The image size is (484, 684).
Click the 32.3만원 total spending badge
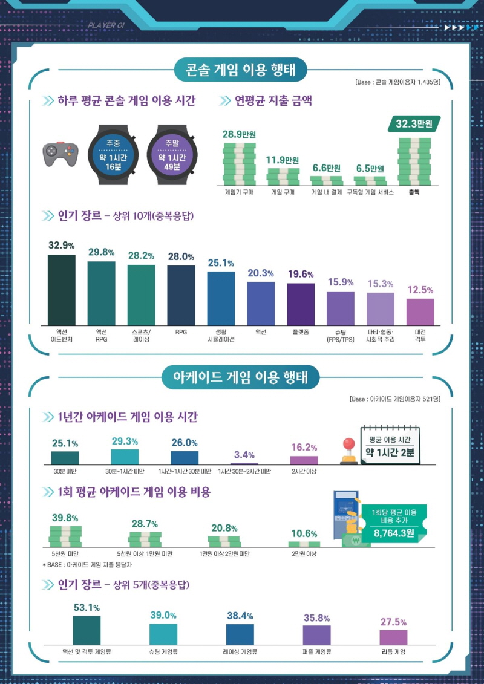(x=414, y=123)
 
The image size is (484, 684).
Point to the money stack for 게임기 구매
(x=239, y=164)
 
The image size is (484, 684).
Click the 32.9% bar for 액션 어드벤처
(x=62, y=290)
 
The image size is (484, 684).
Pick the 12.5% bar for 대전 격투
(x=420, y=311)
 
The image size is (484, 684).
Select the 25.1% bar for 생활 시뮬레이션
(x=221, y=298)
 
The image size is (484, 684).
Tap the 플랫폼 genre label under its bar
(x=301, y=332)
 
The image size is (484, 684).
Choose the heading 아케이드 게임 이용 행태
(x=241, y=378)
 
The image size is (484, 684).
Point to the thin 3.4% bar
(x=244, y=463)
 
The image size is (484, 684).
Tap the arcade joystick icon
(x=348, y=452)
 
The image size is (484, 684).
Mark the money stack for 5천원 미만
(x=65, y=536)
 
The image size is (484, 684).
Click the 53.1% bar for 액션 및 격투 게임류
(x=87, y=630)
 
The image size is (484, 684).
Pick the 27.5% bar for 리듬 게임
(x=393, y=637)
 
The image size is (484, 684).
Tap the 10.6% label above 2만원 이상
(x=304, y=533)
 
